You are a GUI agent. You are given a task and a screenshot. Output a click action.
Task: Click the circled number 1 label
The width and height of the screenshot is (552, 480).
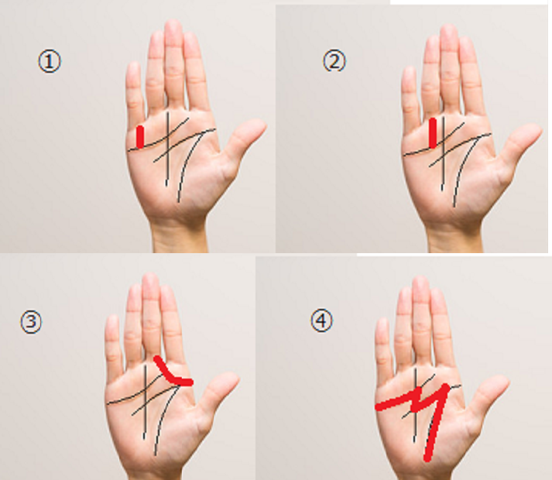50,61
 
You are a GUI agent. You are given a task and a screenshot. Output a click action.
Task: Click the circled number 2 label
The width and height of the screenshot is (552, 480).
334,60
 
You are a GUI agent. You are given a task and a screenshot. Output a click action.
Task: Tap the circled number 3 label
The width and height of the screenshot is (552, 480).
31,322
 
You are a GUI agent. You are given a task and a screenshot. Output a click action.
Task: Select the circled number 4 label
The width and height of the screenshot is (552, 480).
321,321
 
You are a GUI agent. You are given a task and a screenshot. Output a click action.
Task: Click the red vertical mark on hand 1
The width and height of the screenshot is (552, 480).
140,136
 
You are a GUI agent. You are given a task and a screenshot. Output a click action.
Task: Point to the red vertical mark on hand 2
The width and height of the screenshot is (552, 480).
433,132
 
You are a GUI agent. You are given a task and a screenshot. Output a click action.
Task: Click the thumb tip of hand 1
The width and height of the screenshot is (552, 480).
260,124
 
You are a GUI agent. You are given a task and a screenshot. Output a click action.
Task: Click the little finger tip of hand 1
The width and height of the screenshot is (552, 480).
133,66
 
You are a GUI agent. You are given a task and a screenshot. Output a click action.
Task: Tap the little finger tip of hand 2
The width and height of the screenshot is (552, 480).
408,70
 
